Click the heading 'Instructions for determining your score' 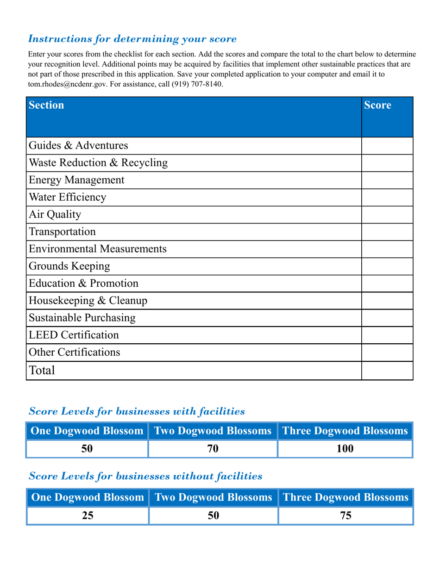tap(132, 38)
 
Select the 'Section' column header tap(46, 105)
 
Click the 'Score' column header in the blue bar tap(377, 105)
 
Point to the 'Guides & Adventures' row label tap(78, 146)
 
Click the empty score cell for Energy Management tap(387, 180)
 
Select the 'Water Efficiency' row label tap(68, 198)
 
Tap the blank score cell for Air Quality tap(387, 215)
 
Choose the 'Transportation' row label tap(63, 231)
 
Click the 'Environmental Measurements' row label tap(98, 249)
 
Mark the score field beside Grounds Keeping tap(387, 266)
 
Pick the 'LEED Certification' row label tap(74, 334)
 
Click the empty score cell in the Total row tap(387, 371)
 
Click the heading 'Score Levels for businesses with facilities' tap(137, 411)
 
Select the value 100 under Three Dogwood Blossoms tap(345, 448)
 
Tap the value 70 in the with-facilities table tap(213, 448)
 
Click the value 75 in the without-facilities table tap(346, 515)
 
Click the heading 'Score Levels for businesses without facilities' tap(145, 476)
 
